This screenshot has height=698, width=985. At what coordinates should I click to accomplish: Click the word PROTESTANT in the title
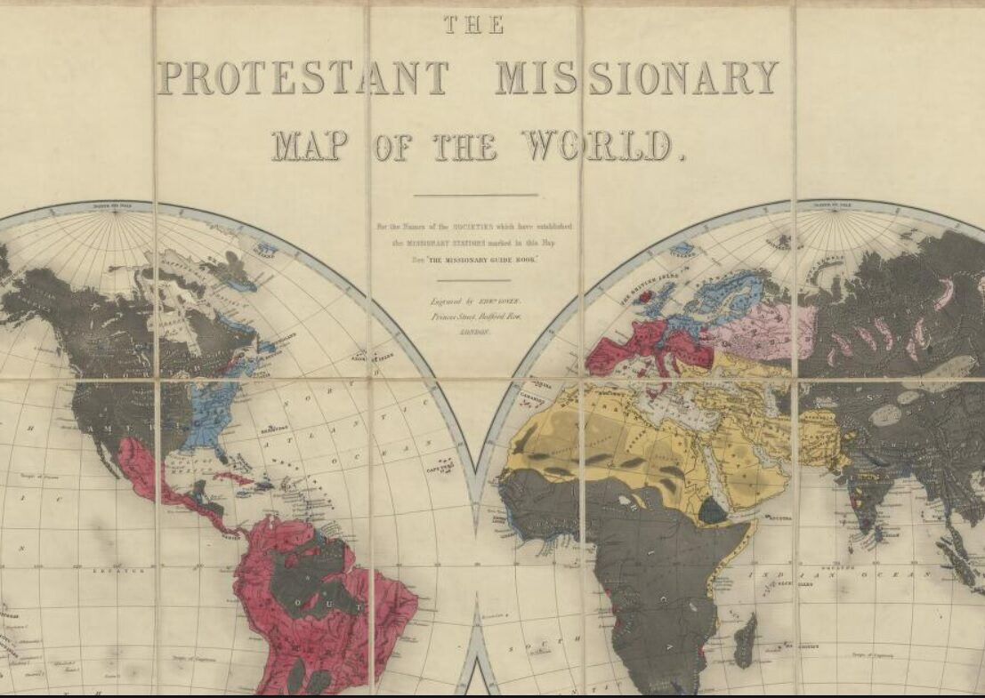pos(303,78)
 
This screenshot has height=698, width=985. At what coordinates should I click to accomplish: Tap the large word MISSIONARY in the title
pos(637,78)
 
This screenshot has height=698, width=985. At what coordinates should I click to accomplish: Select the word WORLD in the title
pos(597,145)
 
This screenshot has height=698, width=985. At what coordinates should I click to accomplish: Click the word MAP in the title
pos(308,145)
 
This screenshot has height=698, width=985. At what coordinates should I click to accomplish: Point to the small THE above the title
pos(473,25)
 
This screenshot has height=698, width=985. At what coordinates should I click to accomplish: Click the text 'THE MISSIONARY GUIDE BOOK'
pos(476,257)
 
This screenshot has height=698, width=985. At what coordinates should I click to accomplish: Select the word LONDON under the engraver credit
pos(474,330)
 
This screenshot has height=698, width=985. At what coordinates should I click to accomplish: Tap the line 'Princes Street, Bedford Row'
pos(474,316)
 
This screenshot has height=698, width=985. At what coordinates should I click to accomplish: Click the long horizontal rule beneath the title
pos(476,195)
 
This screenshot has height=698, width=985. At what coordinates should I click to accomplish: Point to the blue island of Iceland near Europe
pos(682,248)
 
